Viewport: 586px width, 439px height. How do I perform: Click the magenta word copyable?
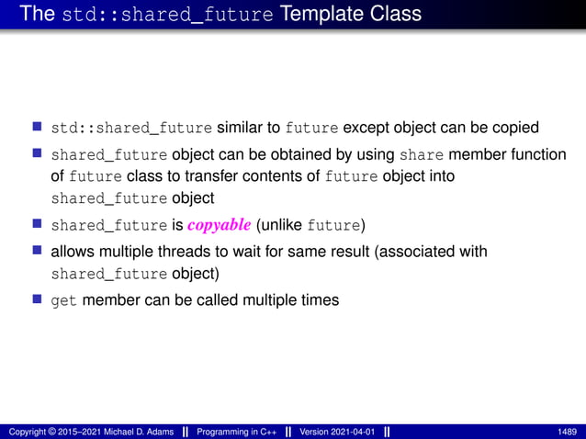coord(220,226)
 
